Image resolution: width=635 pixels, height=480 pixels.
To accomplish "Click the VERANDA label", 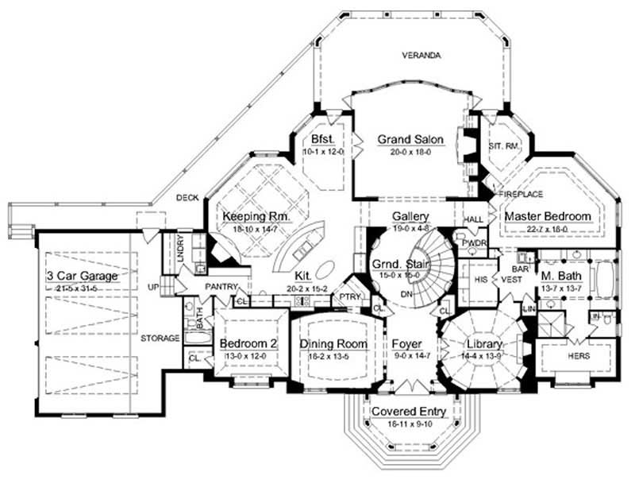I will click(421, 56).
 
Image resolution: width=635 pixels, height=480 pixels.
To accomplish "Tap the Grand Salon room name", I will click(410, 139).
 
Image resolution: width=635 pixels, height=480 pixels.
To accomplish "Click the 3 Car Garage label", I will click(83, 276).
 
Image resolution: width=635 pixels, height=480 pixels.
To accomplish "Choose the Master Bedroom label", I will click(548, 216).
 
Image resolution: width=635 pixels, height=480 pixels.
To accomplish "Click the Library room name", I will click(484, 344).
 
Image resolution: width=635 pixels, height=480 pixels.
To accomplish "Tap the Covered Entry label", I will click(410, 412).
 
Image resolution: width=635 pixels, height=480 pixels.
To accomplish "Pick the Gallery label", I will click(410, 216).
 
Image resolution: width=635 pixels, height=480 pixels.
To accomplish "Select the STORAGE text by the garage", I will click(160, 338).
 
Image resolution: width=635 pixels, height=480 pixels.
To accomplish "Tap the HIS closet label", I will click(478, 280).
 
